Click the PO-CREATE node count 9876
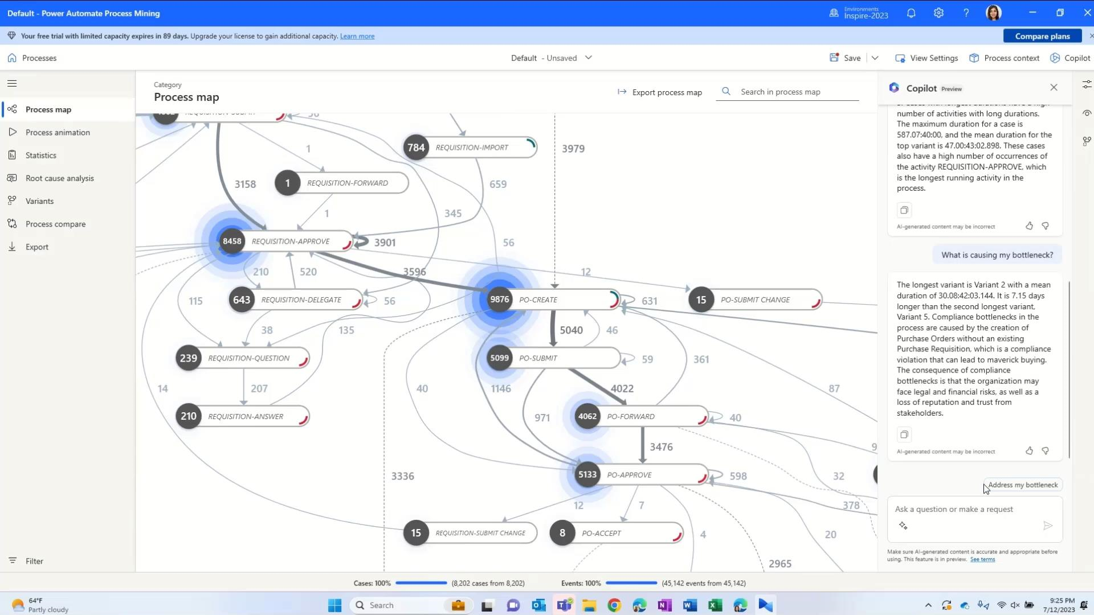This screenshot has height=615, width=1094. [499, 300]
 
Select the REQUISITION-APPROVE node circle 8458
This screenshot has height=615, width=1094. [232, 241]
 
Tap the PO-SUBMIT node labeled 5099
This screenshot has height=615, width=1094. [499, 358]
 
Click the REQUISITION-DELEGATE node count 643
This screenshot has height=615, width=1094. [242, 300]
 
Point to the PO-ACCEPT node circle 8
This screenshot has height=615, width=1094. [562, 533]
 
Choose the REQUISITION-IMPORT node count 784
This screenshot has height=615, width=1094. [416, 147]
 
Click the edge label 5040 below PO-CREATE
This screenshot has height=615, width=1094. [571, 330]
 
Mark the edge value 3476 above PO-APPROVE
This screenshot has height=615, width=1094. [661, 447]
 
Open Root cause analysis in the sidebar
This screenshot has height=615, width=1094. [59, 178]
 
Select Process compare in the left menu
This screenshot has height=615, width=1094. [55, 224]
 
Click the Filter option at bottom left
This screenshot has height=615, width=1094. [34, 561]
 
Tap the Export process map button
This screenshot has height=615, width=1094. [660, 92]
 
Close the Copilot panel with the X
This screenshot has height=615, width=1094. [1054, 88]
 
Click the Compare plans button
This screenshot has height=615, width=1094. [1042, 36]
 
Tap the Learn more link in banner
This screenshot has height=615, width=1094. [357, 36]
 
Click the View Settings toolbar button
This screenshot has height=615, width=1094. [926, 58]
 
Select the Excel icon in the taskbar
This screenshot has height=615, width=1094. [715, 605]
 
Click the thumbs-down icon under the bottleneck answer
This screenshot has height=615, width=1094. [1045, 451]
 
